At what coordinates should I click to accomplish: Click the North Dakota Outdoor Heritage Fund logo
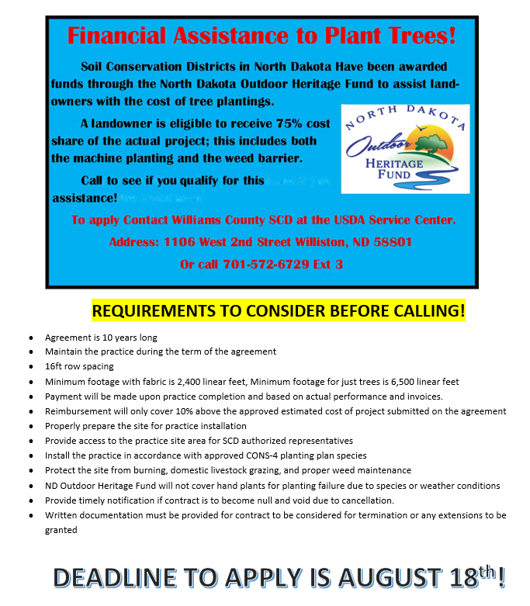tap(405, 149)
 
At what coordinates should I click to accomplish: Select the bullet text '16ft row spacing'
tap(79, 365)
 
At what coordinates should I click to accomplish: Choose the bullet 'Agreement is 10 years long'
tap(101, 337)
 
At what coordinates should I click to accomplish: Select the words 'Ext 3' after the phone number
tap(327, 265)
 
